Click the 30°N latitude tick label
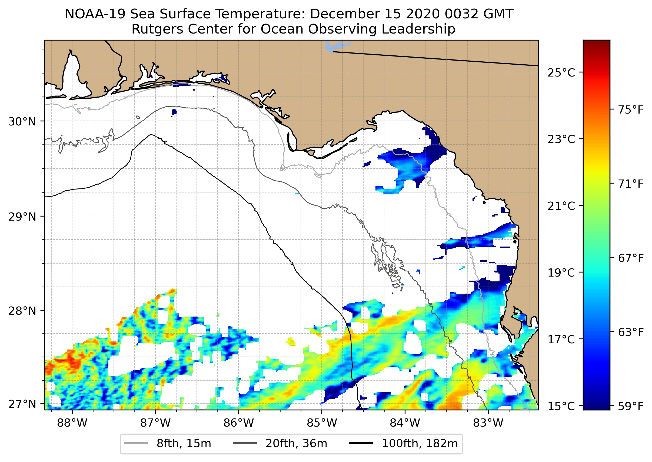tap(22, 122)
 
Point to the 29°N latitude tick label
tap(22, 217)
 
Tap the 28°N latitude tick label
tap(22, 311)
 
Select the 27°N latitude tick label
tap(22, 404)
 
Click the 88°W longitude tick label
tap(72, 423)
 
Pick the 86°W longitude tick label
tap(238, 423)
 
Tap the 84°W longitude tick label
tap(405, 423)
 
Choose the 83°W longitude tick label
tap(488, 423)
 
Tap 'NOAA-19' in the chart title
tap(95, 14)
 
